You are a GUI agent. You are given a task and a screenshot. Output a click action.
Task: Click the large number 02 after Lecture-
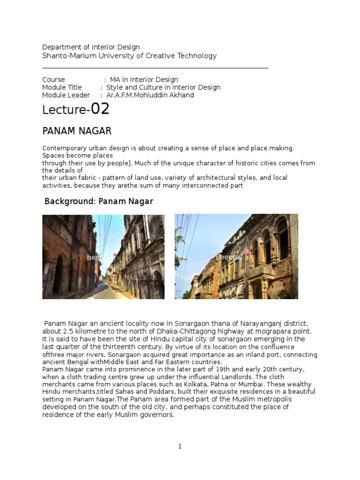point(100,109)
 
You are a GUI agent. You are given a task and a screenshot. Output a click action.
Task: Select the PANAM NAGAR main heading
point(77,130)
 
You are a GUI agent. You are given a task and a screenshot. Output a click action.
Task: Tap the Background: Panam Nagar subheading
point(98,201)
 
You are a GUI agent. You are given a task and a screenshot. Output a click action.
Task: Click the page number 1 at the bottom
point(180,446)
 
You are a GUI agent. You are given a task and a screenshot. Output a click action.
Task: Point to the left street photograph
point(103,257)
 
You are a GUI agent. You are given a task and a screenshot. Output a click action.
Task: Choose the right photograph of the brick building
point(236,257)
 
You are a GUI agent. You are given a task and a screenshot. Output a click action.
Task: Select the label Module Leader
point(66,95)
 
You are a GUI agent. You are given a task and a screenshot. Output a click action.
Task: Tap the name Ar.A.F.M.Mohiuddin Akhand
point(150,95)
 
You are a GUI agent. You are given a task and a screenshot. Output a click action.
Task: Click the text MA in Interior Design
point(144,80)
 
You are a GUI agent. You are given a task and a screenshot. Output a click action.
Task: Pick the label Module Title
point(62,87)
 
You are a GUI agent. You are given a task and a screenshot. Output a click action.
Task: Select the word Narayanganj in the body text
point(254,323)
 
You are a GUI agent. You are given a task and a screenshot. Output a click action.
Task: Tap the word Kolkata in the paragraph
point(200,384)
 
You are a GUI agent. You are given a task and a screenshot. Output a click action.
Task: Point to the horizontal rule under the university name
point(155,68)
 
